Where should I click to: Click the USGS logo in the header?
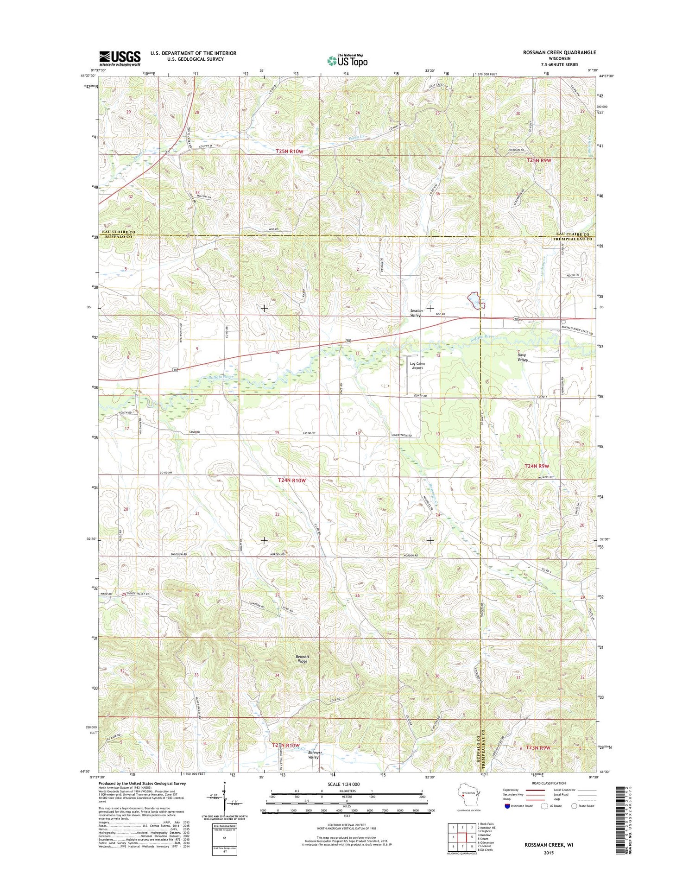click(x=120, y=58)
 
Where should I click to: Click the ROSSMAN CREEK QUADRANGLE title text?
click(x=559, y=53)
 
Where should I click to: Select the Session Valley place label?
click(x=416, y=313)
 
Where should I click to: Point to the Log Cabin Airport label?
click(x=417, y=366)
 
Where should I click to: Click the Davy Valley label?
click(x=523, y=357)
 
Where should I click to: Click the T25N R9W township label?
click(x=539, y=160)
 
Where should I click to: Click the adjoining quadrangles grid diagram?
click(x=462, y=836)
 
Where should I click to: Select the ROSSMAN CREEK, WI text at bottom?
click(x=549, y=845)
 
